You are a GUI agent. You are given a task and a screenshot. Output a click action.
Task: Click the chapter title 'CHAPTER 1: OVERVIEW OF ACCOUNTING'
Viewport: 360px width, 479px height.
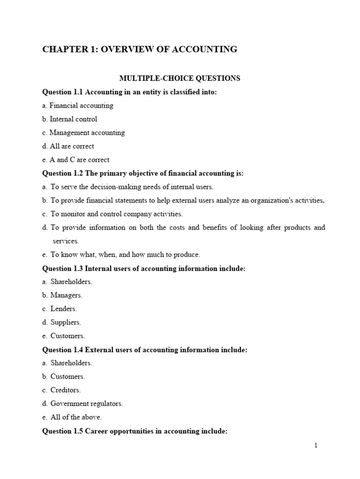point(140,49)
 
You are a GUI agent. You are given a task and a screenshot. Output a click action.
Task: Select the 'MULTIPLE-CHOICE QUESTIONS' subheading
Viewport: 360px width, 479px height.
point(180,78)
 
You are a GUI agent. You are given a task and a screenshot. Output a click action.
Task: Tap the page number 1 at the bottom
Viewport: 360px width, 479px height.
point(316,446)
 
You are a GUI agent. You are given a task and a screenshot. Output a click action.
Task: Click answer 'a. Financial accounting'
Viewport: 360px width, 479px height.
point(78,106)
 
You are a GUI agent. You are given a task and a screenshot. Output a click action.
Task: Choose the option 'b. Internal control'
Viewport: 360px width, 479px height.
point(70,119)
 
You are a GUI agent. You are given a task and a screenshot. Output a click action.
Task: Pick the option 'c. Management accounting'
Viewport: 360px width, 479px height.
point(83,133)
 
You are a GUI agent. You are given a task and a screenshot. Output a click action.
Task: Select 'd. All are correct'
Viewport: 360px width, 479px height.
point(68,146)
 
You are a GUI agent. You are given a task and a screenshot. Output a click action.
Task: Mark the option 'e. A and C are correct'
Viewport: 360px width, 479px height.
point(76,160)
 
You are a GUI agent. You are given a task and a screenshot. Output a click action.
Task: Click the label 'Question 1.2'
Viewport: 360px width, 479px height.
point(62,174)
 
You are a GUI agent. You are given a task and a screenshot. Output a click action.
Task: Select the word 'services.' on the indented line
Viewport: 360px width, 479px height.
point(66,241)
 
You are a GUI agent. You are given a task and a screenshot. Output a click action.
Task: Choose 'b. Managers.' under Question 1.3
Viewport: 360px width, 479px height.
point(62,296)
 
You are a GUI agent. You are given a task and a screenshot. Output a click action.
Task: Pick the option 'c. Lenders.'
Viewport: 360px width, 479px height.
point(60,309)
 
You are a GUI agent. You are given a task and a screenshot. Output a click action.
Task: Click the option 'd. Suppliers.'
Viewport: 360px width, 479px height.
point(62,323)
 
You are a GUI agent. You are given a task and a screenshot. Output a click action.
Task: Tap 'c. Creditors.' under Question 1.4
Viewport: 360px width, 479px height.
point(61,390)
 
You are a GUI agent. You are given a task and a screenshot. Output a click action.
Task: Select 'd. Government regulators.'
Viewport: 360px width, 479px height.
point(82,404)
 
